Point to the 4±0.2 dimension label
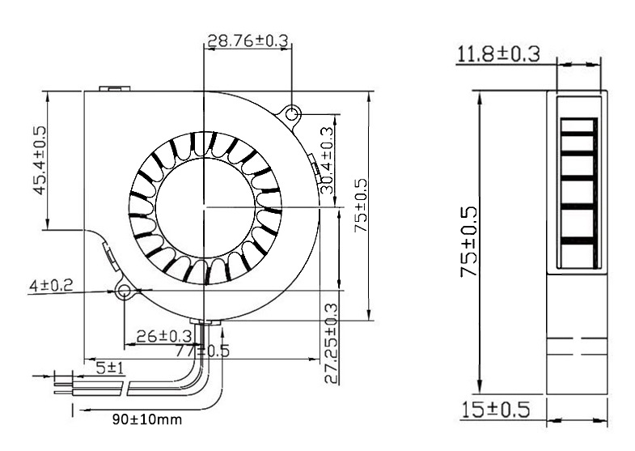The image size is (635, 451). pos(51,285)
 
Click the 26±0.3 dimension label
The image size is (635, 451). pos(163,335)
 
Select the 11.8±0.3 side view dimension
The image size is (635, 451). pos(498,54)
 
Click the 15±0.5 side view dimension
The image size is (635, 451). pos(496,410)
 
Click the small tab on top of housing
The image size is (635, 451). pos(112,87)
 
